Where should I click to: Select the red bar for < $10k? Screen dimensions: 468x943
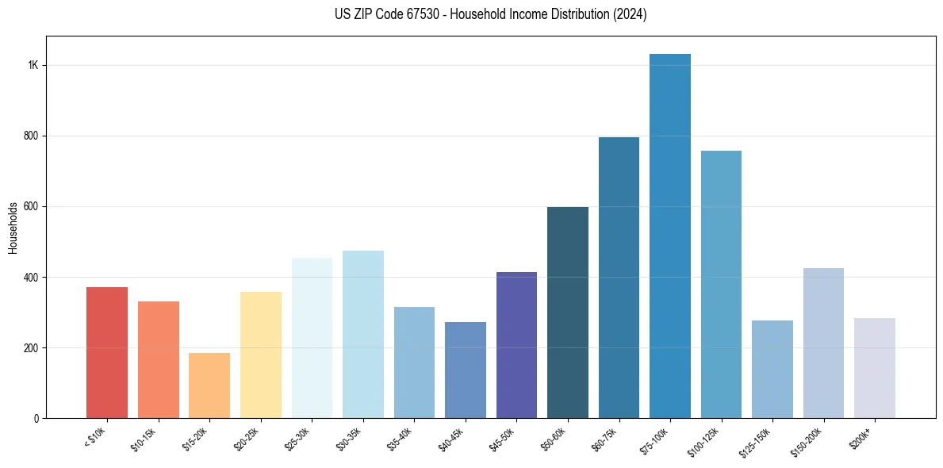(x=107, y=353)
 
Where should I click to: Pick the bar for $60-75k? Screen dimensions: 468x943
(x=619, y=278)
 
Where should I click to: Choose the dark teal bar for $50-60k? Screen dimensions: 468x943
(x=568, y=313)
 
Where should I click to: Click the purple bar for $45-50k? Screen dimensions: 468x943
(x=516, y=345)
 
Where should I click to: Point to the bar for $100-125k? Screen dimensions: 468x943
(x=721, y=285)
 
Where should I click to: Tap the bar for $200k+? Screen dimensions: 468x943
(x=875, y=368)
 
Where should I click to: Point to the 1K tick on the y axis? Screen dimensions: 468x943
(x=33, y=65)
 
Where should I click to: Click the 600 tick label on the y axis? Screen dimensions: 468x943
(x=31, y=206)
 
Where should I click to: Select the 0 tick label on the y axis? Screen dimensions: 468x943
(x=36, y=418)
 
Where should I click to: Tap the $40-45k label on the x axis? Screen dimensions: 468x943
(x=450, y=439)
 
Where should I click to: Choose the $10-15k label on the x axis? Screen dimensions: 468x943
(x=144, y=439)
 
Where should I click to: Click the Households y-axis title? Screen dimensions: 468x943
(x=13, y=228)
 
